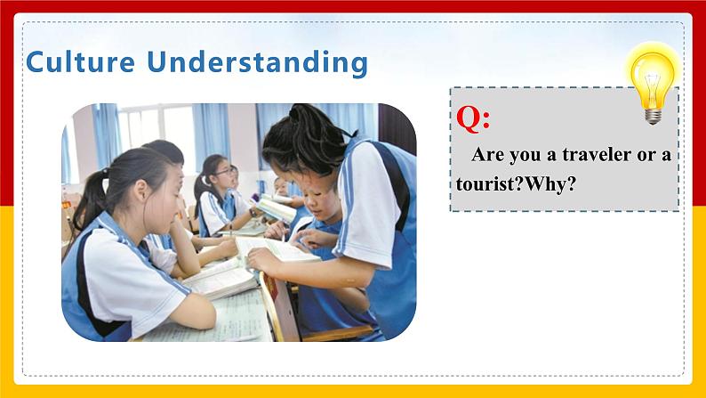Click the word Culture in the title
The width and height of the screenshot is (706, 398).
(81, 61)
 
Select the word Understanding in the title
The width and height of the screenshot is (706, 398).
(258, 62)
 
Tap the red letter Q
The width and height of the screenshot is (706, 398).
(469, 118)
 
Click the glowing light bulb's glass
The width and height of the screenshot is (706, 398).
(652, 80)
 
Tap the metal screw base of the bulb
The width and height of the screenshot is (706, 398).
(653, 117)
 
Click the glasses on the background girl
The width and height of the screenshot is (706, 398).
(224, 172)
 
